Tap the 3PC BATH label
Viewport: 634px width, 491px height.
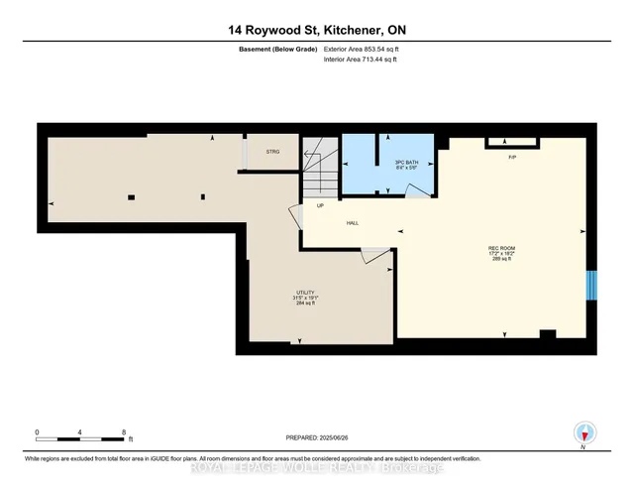pyautogui.click(x=376, y=161)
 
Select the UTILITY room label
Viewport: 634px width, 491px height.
pyautogui.click(x=305, y=292)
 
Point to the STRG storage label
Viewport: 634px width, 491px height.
pyautogui.click(x=273, y=152)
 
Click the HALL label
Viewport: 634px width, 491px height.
pyautogui.click(x=352, y=223)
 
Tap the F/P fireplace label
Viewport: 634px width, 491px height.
pyautogui.click(x=512, y=158)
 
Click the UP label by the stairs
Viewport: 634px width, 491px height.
pyautogui.click(x=320, y=206)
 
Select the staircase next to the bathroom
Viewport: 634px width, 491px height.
pyautogui.click(x=320, y=174)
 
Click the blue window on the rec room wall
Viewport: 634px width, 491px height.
pyautogui.click(x=592, y=286)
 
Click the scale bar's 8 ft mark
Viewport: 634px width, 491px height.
pyautogui.click(x=125, y=432)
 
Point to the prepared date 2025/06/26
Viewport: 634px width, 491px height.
pyautogui.click(x=317, y=436)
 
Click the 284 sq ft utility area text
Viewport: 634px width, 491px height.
pyautogui.click(x=305, y=304)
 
